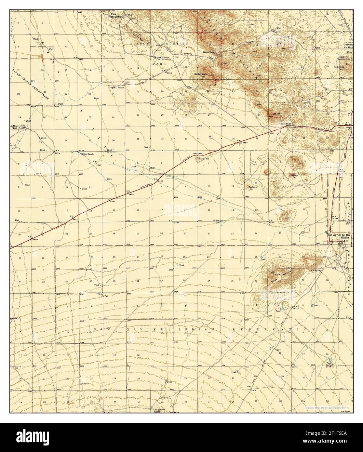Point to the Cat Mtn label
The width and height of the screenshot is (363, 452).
pos(276,114)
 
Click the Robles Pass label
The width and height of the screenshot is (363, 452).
pos(285,124)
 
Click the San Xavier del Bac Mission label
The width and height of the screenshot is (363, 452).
pos(339,236)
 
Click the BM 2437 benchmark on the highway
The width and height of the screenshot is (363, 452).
pos(73,218)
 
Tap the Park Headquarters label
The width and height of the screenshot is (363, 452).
pos(117,15)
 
